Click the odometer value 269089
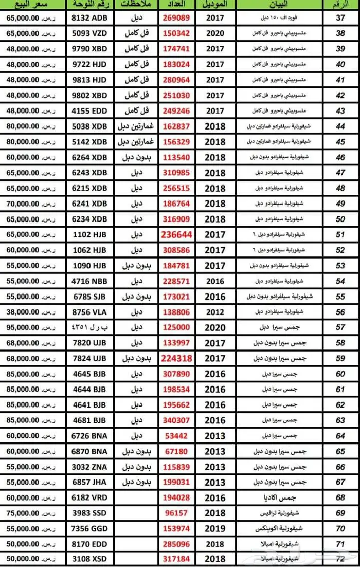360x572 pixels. tap(176, 19)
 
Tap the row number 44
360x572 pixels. tap(340, 126)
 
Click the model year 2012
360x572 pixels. tap(215, 312)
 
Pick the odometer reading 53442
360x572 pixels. tap(176, 436)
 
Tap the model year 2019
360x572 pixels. tap(215, 528)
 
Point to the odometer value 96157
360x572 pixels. tap(176, 513)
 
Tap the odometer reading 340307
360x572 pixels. tap(176, 420)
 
